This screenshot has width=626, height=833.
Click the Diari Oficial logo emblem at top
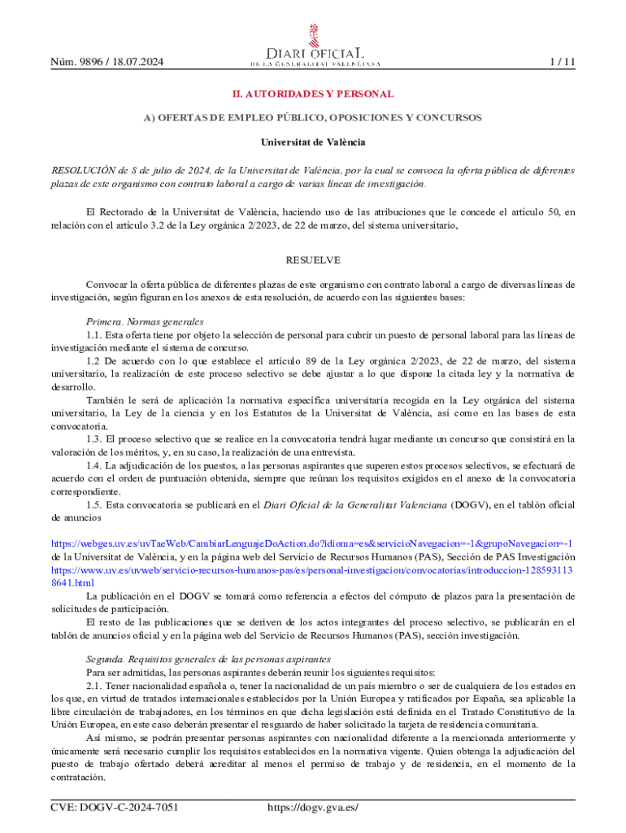tap(313, 36)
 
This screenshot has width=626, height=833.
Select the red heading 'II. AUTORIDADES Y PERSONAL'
tap(313, 94)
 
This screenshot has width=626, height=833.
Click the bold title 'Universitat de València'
tap(313, 142)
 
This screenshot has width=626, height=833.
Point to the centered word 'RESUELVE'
tap(313, 260)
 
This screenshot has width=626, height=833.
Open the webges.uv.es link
tap(312, 543)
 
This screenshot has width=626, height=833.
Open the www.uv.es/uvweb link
tap(312, 570)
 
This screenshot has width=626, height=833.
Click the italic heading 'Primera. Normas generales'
tap(145, 322)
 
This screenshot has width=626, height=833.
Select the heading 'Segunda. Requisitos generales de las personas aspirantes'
tap(208, 659)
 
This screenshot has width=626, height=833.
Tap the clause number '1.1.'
tap(94, 335)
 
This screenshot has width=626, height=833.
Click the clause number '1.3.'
tap(94, 439)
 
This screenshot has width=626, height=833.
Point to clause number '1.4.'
tap(94, 465)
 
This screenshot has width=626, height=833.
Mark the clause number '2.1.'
tap(94, 685)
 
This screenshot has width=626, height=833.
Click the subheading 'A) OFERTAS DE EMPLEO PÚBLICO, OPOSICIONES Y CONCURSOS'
tap(313, 118)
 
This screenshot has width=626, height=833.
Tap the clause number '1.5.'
tap(94, 504)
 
